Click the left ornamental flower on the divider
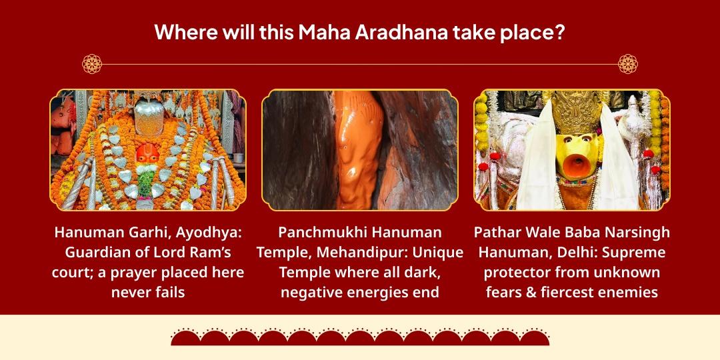tap(91, 64)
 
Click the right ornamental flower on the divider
tap(627, 64)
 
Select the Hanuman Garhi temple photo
tap(147, 150)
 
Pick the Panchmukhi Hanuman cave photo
tap(360, 150)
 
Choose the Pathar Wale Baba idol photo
tap(571, 150)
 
